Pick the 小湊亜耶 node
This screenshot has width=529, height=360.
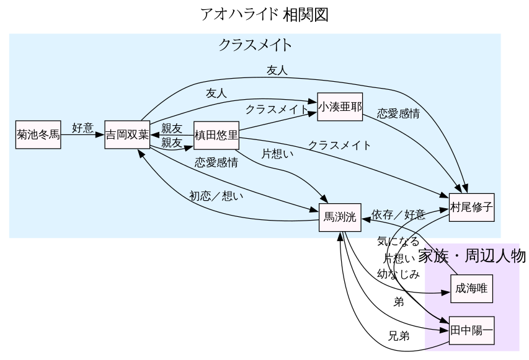point(339,107)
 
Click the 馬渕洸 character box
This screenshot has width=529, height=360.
point(340,217)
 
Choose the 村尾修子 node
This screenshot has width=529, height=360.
point(472,208)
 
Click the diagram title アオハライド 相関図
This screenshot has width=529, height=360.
point(264,14)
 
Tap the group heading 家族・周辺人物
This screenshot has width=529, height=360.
point(471,256)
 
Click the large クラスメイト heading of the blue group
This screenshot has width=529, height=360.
point(255,45)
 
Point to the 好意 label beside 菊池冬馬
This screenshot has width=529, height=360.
point(82,129)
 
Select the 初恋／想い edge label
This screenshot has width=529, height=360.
point(216,196)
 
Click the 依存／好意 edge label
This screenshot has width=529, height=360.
point(398,214)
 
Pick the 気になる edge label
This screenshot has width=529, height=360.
point(398,241)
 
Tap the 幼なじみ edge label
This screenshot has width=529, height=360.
point(398,273)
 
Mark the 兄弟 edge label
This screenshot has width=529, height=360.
point(399,336)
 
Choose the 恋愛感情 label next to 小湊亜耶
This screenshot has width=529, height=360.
point(398,113)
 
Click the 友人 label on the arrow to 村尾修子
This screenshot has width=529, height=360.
point(277,71)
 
